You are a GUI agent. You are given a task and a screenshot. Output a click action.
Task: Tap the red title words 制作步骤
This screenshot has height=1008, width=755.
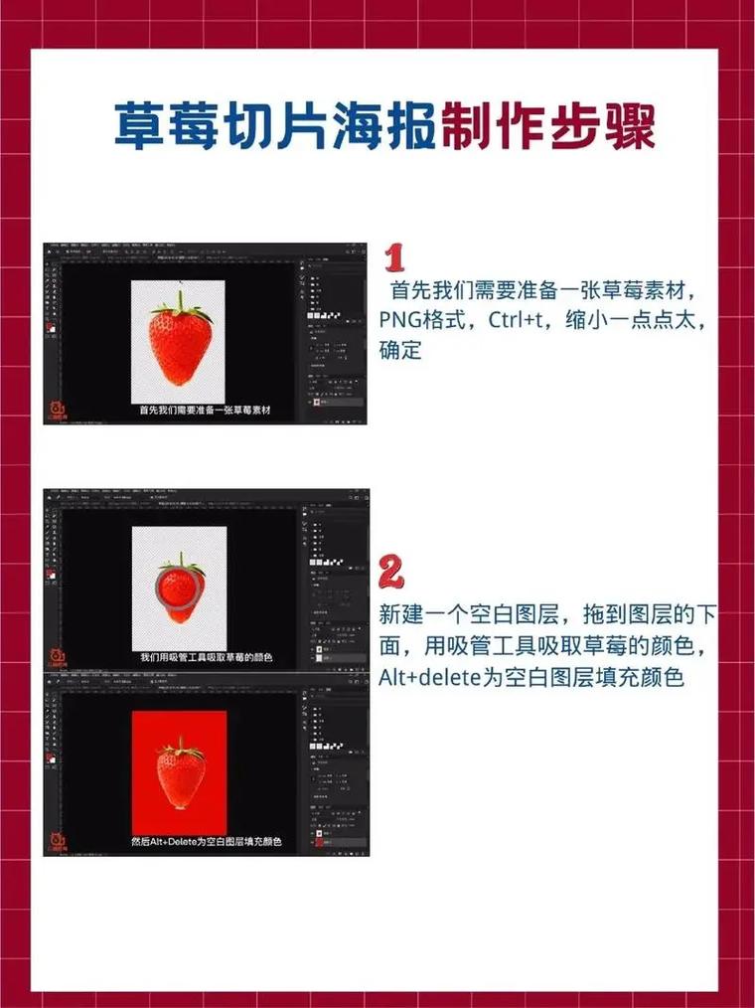tap(547, 125)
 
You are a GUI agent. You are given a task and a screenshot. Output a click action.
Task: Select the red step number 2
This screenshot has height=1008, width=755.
tap(392, 573)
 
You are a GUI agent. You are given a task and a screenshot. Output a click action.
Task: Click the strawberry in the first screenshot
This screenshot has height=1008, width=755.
tap(180, 343)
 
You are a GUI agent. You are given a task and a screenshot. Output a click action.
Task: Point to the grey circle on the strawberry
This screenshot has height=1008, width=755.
tap(179, 585)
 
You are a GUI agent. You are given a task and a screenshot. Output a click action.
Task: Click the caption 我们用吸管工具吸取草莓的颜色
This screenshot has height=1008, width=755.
tap(206, 657)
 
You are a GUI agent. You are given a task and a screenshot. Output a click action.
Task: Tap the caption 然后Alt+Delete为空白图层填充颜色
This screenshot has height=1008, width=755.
tap(206, 841)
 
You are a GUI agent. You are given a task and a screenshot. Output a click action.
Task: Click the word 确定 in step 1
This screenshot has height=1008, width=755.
tap(400, 350)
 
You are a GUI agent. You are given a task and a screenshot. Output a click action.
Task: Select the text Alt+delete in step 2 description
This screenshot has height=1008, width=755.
tap(428, 678)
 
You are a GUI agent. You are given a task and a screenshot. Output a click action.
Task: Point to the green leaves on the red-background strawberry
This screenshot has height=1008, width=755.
tap(180, 746)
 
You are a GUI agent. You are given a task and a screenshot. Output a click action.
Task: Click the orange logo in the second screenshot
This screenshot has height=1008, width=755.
tap(56, 655)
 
